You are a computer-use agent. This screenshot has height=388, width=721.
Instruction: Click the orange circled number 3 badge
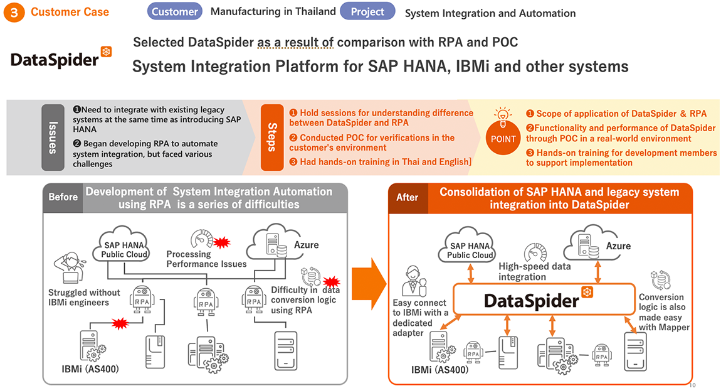14,13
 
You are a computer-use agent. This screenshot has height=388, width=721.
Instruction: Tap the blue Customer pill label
175,11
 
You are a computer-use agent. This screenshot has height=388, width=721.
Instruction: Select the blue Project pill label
367,11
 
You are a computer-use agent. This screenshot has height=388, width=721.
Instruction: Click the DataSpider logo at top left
61,58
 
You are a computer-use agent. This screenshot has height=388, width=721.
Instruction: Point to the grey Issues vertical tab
53,137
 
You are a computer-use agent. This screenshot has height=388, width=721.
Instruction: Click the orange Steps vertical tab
272,137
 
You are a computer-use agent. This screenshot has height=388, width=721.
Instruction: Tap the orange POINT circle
503,138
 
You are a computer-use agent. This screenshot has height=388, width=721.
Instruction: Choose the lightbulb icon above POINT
503,116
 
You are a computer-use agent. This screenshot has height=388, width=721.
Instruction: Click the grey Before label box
63,197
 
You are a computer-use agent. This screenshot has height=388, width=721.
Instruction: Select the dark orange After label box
408,198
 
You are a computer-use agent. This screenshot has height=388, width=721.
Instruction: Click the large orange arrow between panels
368,284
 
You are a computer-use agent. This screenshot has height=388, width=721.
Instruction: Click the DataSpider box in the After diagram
544,299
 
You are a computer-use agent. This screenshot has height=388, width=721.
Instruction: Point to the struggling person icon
70,267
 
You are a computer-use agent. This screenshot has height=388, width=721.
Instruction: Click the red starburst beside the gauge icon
222,242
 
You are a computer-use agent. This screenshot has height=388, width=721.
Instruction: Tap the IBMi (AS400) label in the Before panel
90,369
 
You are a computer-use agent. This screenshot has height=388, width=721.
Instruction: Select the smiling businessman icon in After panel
414,281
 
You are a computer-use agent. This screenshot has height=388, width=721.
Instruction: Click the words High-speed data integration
534,272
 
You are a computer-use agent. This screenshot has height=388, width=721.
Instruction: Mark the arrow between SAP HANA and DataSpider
470,273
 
